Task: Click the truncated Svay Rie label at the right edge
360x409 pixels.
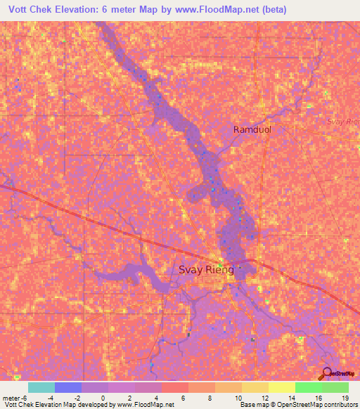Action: (344, 122)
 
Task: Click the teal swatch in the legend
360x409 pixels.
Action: (41, 387)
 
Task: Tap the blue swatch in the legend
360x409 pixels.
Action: (68, 387)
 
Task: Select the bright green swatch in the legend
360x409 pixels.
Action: (308, 387)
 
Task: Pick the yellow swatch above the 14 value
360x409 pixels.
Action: (281, 387)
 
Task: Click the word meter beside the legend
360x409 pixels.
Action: (9, 398)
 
